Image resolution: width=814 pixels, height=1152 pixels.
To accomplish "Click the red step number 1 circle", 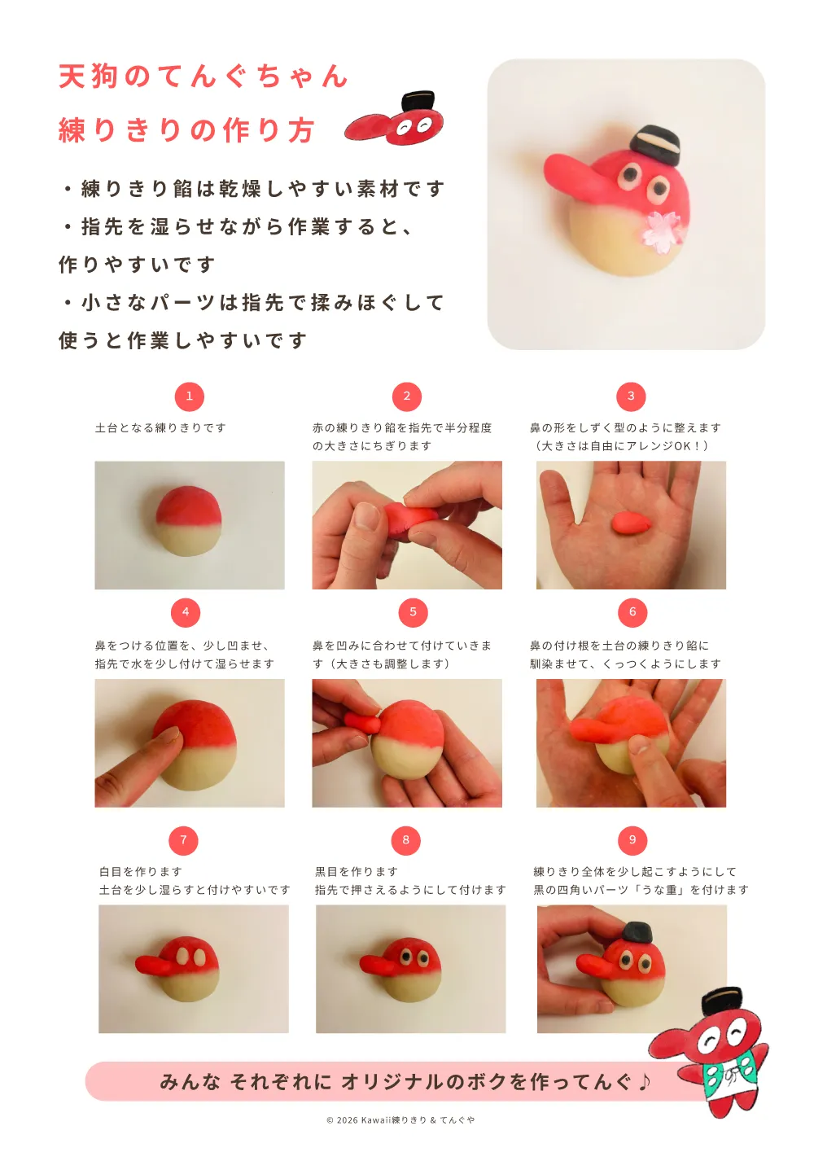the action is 189,396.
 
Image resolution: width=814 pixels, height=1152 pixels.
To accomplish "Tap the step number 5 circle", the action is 413,612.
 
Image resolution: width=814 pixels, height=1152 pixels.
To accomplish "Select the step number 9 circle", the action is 632,840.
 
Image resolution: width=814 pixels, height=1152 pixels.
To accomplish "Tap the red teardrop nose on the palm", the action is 631,524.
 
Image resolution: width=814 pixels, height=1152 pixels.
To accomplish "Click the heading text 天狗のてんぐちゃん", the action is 203,77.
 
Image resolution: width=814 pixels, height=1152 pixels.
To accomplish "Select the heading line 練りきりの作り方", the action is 186,129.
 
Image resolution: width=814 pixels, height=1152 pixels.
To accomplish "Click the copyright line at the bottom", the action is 400,1119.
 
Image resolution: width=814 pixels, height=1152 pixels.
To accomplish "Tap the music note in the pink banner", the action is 644,1080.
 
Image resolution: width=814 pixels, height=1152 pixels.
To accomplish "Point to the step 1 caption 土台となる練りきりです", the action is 160,428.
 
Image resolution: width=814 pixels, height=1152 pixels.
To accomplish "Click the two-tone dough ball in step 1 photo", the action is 188,521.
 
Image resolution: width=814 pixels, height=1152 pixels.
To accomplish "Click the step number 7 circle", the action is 183,840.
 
